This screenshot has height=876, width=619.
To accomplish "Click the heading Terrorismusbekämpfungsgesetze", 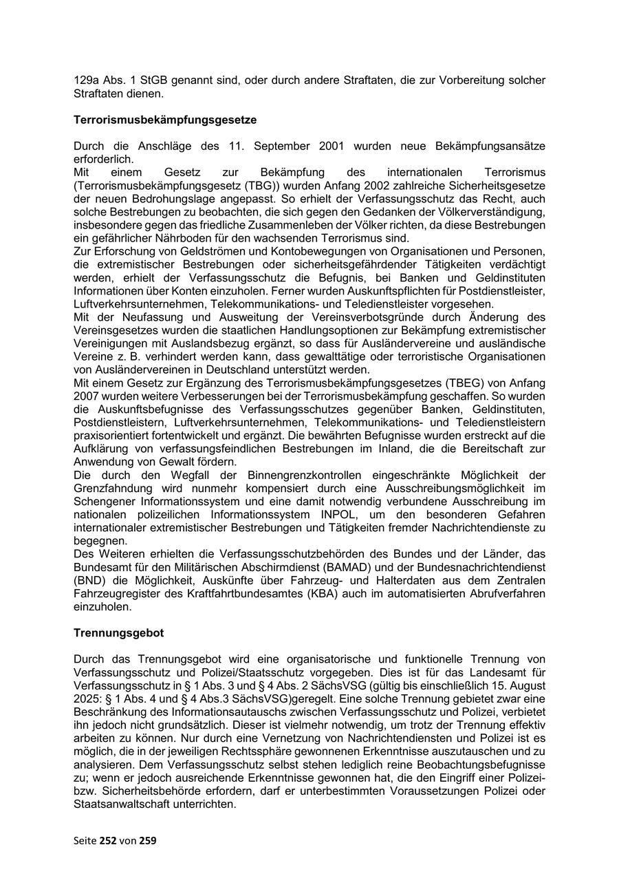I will click(165, 120).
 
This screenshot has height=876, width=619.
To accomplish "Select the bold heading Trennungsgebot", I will click(118, 632).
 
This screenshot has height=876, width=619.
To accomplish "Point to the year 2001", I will click(333, 147).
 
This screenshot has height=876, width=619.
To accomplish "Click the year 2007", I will click(85, 396).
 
